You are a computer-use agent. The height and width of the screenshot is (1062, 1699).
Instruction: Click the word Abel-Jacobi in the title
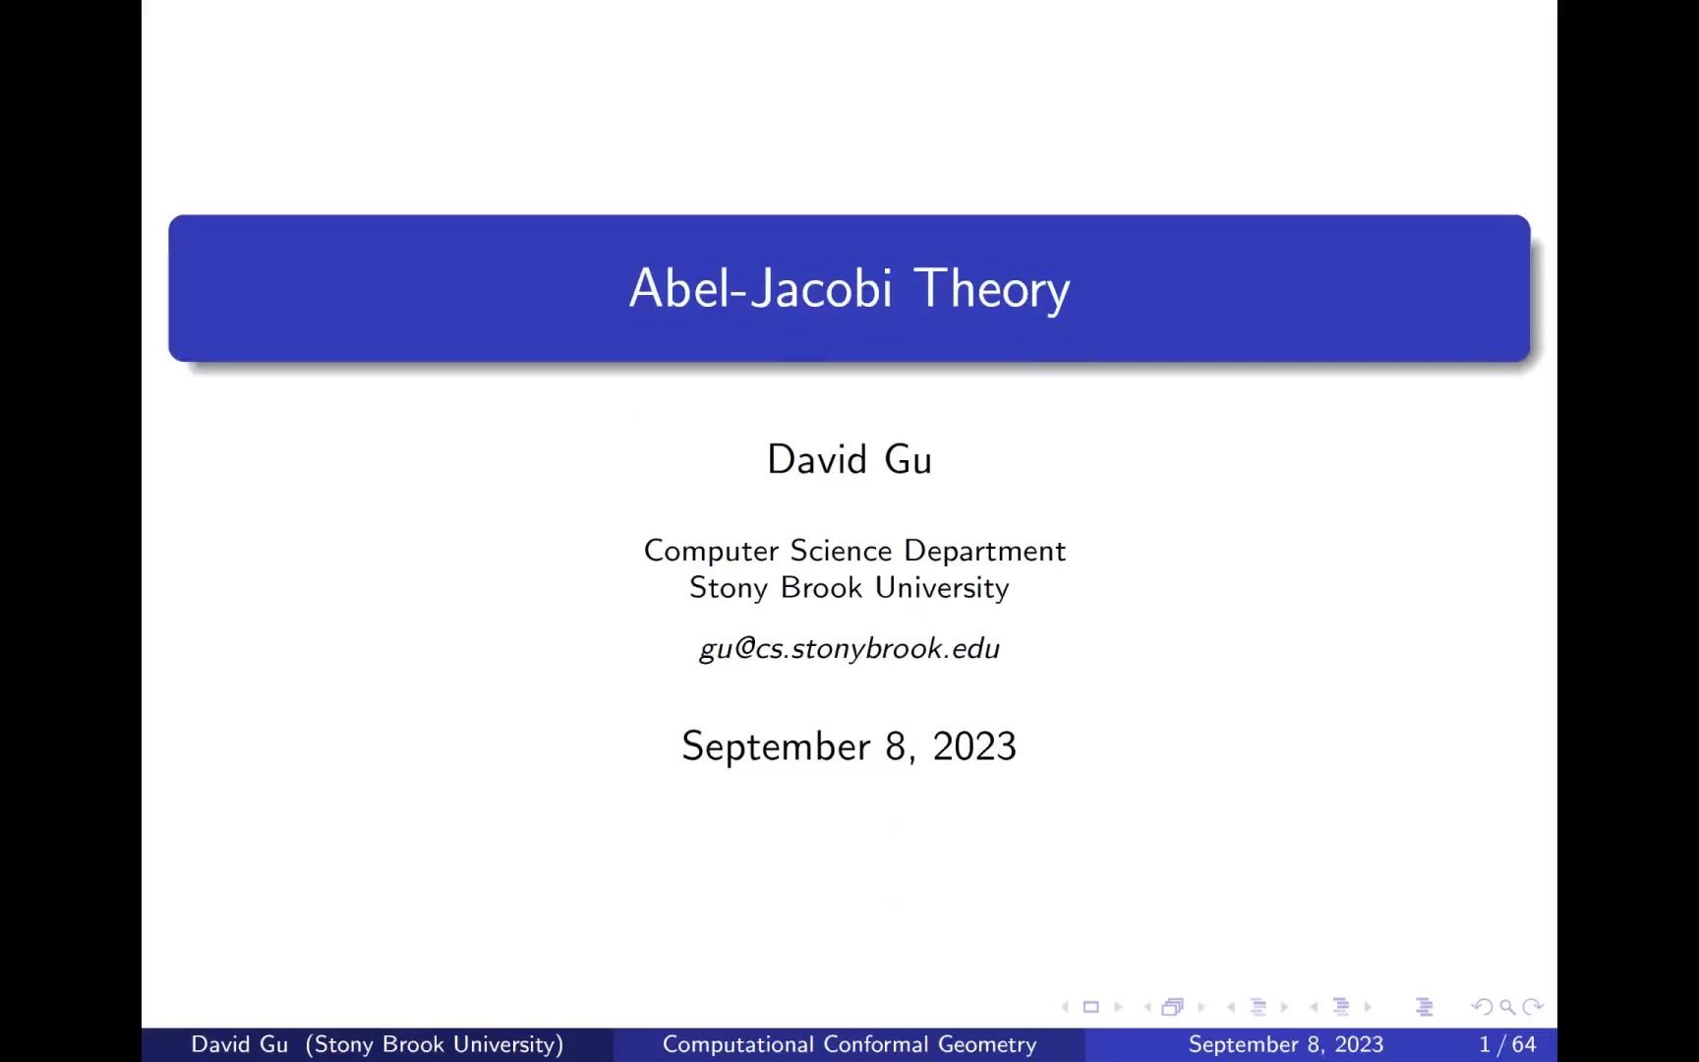coord(760,289)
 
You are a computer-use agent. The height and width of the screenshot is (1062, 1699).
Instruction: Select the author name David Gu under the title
coord(849,460)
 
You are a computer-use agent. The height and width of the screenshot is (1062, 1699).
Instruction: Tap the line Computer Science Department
coord(854,551)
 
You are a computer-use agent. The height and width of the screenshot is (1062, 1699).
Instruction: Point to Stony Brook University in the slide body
coord(849,588)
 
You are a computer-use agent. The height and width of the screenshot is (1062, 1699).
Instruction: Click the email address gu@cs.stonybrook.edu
coord(849,649)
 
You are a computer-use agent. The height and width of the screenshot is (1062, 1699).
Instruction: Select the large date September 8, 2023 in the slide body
coord(849,746)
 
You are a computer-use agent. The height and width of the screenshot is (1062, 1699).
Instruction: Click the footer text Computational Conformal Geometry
coord(849,1044)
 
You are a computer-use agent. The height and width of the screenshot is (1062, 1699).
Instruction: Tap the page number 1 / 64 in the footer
coord(1507,1044)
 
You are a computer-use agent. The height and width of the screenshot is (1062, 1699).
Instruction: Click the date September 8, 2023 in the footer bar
coord(1285,1044)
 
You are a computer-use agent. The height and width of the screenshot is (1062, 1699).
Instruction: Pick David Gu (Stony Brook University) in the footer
coord(378,1044)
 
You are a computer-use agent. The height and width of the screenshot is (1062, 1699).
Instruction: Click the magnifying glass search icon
coord(1507,1007)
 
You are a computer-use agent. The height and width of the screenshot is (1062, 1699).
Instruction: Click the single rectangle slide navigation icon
coord(1090,1007)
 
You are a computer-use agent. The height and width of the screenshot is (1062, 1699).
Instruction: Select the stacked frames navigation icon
coord(1172,1007)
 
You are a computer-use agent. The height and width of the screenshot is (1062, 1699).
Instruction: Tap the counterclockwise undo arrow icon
coord(1482,1007)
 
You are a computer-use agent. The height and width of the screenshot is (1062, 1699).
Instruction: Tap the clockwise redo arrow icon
coord(1532,1007)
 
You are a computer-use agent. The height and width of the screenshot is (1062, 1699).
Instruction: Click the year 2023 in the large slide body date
coord(974,746)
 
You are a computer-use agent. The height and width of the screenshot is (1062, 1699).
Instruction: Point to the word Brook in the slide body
coord(821,588)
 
